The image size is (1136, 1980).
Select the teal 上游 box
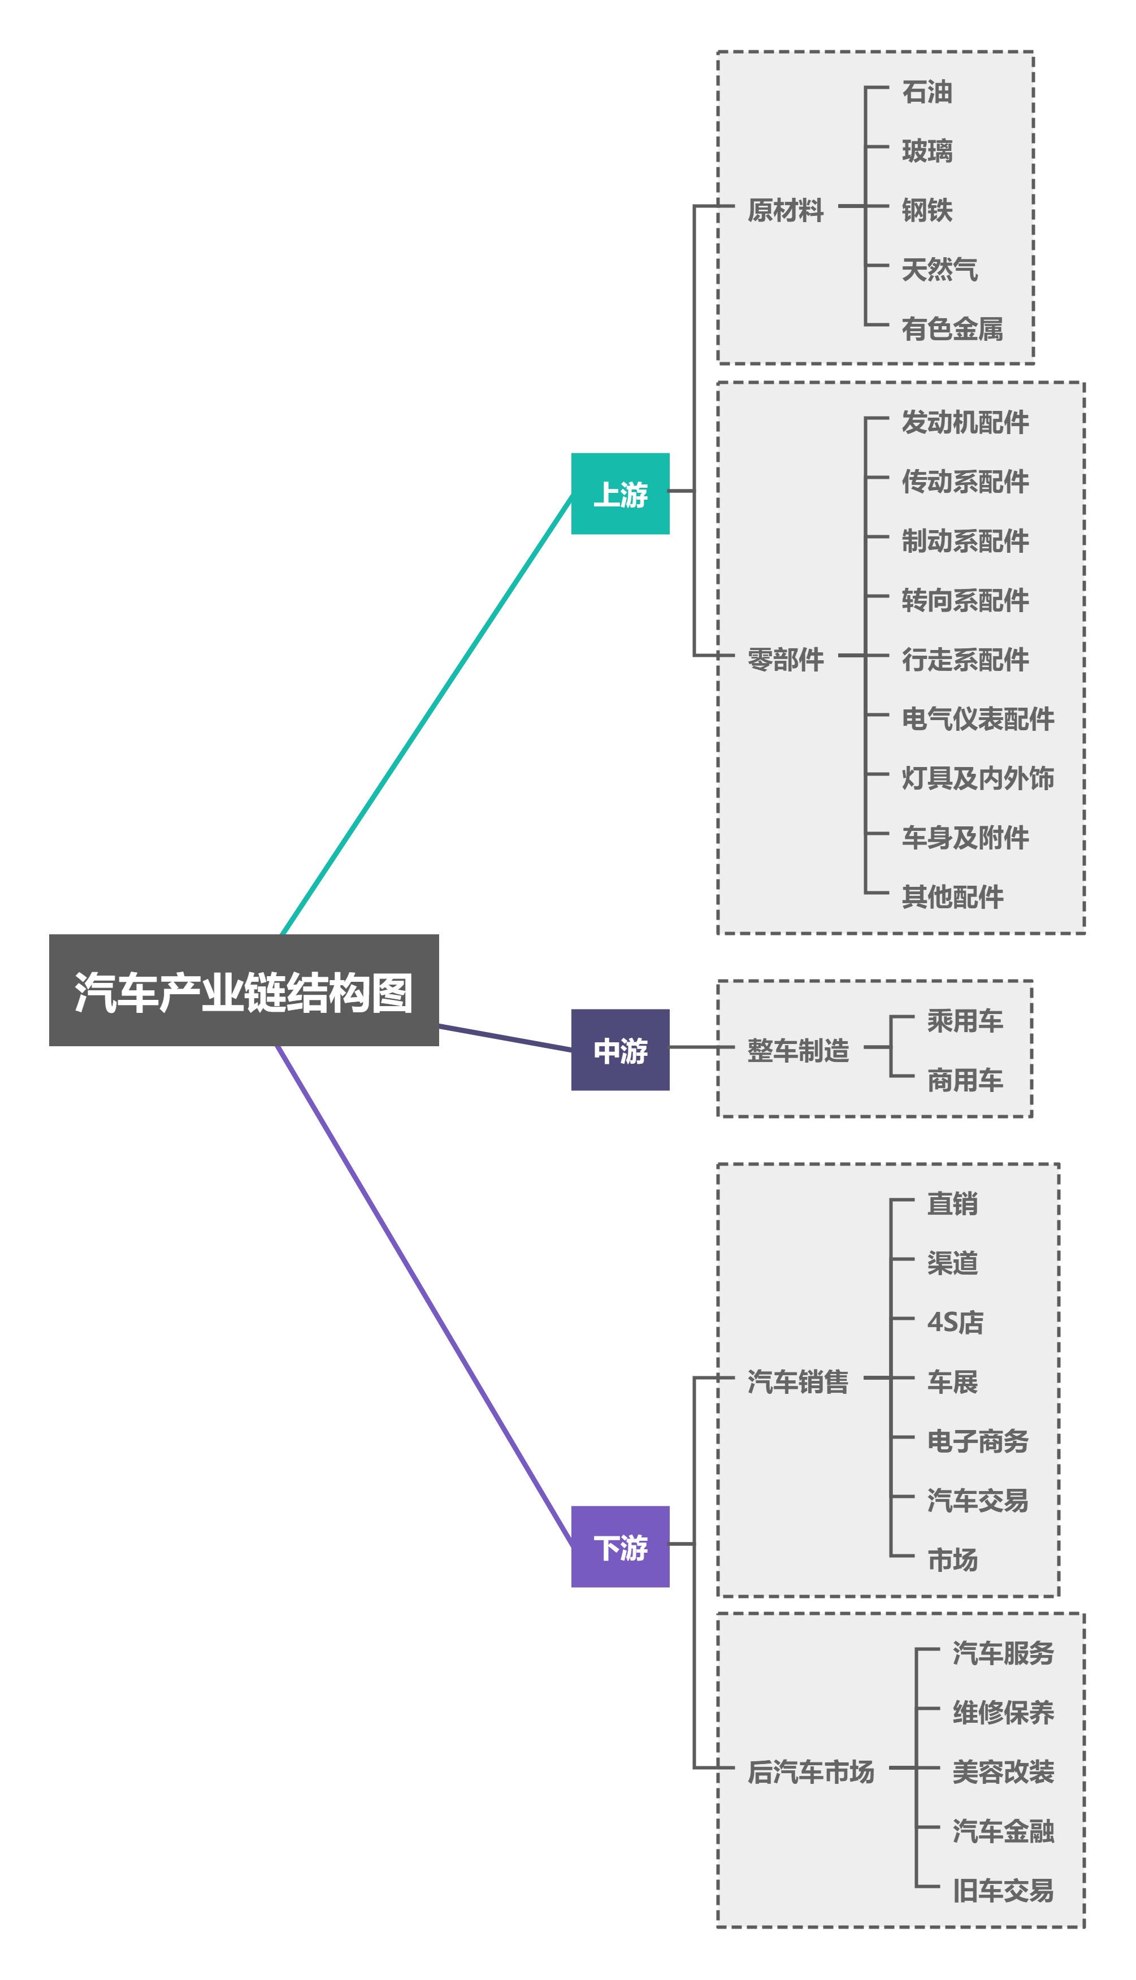620,494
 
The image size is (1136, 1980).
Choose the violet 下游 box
620,1546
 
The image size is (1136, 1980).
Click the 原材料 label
785,210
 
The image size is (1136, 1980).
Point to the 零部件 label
785,659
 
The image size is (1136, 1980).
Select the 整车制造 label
797,1050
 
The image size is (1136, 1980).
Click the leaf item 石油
927,91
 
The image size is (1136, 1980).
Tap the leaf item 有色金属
952,328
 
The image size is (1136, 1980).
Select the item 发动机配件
965,422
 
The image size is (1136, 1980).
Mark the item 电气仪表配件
978,718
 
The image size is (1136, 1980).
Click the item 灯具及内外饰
978,778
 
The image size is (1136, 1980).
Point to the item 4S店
955,1322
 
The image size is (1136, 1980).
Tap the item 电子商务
978,1440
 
